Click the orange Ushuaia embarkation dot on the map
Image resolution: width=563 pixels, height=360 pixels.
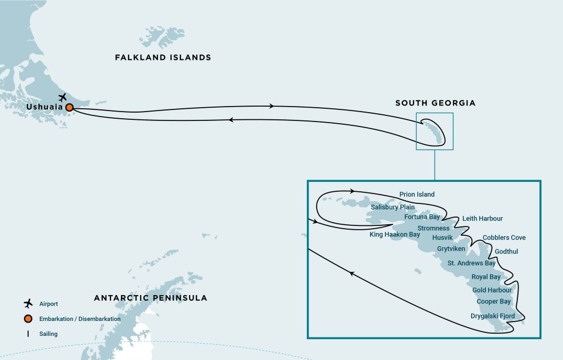click(x=69, y=108)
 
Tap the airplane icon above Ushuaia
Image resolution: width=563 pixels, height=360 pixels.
click(x=62, y=97)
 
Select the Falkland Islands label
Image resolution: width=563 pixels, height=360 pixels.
click(x=163, y=57)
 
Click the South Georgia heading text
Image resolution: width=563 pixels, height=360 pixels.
click(x=435, y=103)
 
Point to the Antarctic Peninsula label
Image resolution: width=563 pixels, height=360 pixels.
click(x=150, y=298)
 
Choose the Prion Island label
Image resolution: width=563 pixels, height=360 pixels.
click(x=417, y=194)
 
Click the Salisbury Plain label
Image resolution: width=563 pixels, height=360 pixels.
click(x=393, y=207)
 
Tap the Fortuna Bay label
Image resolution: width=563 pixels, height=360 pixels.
click(x=422, y=217)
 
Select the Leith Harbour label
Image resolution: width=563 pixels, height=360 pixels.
click(x=482, y=218)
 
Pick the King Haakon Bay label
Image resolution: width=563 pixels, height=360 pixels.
click(x=395, y=235)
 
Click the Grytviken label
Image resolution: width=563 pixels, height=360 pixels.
click(x=451, y=248)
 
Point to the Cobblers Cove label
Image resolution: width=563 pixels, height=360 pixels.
click(x=504, y=237)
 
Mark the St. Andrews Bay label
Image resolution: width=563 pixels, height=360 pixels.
click(x=471, y=263)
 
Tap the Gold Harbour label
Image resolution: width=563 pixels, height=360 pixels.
click(x=492, y=290)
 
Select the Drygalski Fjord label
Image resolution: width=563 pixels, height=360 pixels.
click(x=493, y=316)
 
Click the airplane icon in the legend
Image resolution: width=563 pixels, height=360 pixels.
click(x=29, y=303)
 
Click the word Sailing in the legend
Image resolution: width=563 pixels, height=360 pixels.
click(x=48, y=333)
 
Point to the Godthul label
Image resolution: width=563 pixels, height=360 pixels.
click(x=506, y=252)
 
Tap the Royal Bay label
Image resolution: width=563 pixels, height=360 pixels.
click(x=486, y=277)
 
